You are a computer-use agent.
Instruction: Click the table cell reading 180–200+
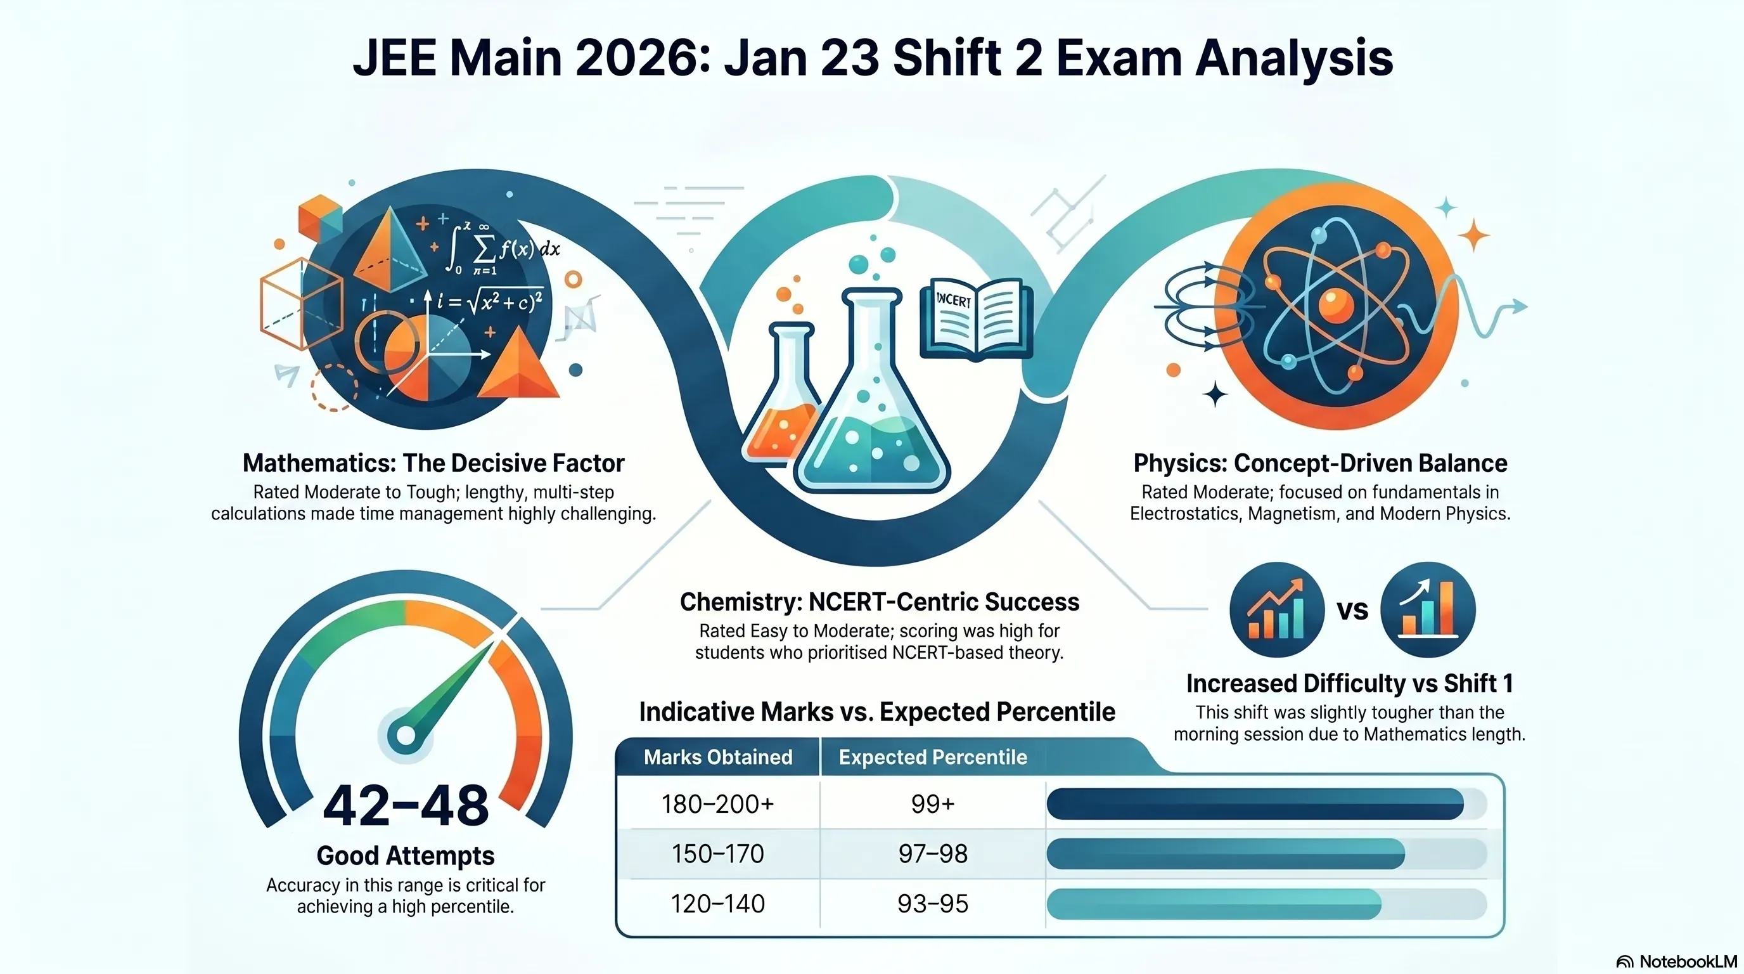pyautogui.click(x=717, y=804)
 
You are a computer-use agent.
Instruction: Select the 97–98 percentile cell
pyautogui.click(x=933, y=854)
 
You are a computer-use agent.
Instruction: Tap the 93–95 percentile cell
pyautogui.click(x=933, y=904)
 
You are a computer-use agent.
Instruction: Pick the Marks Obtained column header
pyautogui.click(x=717, y=756)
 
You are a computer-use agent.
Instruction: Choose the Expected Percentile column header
pyautogui.click(x=933, y=757)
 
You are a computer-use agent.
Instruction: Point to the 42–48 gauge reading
pyautogui.click(x=406, y=805)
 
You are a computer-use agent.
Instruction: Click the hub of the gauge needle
pyautogui.click(x=406, y=736)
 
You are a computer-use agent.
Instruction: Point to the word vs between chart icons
pyautogui.click(x=1352, y=610)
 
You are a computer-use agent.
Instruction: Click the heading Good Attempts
pyautogui.click(x=406, y=855)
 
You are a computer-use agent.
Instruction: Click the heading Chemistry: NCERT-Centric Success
pyautogui.click(x=880, y=602)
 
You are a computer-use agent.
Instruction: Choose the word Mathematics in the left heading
pyautogui.click(x=315, y=463)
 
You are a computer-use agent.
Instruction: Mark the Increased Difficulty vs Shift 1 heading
pyautogui.click(x=1349, y=684)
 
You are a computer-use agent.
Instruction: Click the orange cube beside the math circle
pyautogui.click(x=319, y=218)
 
